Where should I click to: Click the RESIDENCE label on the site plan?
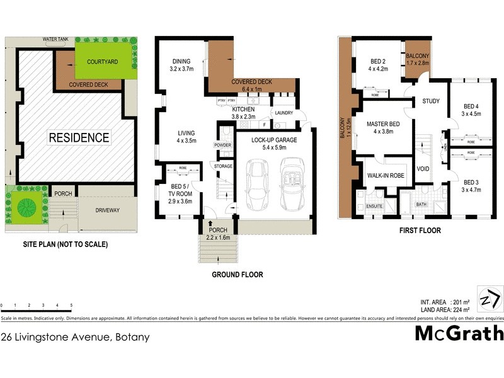coord(79,137)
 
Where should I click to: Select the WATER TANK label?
coord(55,39)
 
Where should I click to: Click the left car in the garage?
coord(256,183)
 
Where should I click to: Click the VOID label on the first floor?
coord(423,169)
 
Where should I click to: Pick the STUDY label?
coord(431,101)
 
